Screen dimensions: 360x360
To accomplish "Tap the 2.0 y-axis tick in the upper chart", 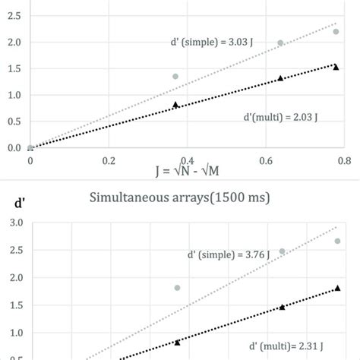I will (x=13, y=42).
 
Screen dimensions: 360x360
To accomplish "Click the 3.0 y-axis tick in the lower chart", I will (x=13, y=223).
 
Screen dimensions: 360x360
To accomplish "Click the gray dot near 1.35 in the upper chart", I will (x=175, y=76).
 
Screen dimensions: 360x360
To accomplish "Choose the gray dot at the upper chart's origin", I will (x=30, y=147).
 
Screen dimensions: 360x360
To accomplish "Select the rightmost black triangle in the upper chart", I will (x=336, y=67).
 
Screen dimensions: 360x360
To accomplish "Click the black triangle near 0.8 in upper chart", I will (x=175, y=105).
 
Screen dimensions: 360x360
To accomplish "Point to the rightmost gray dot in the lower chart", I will (x=337, y=241).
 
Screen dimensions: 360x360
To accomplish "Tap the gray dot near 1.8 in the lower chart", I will (x=177, y=288).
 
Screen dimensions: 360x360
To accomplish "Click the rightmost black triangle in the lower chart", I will (x=337, y=289).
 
